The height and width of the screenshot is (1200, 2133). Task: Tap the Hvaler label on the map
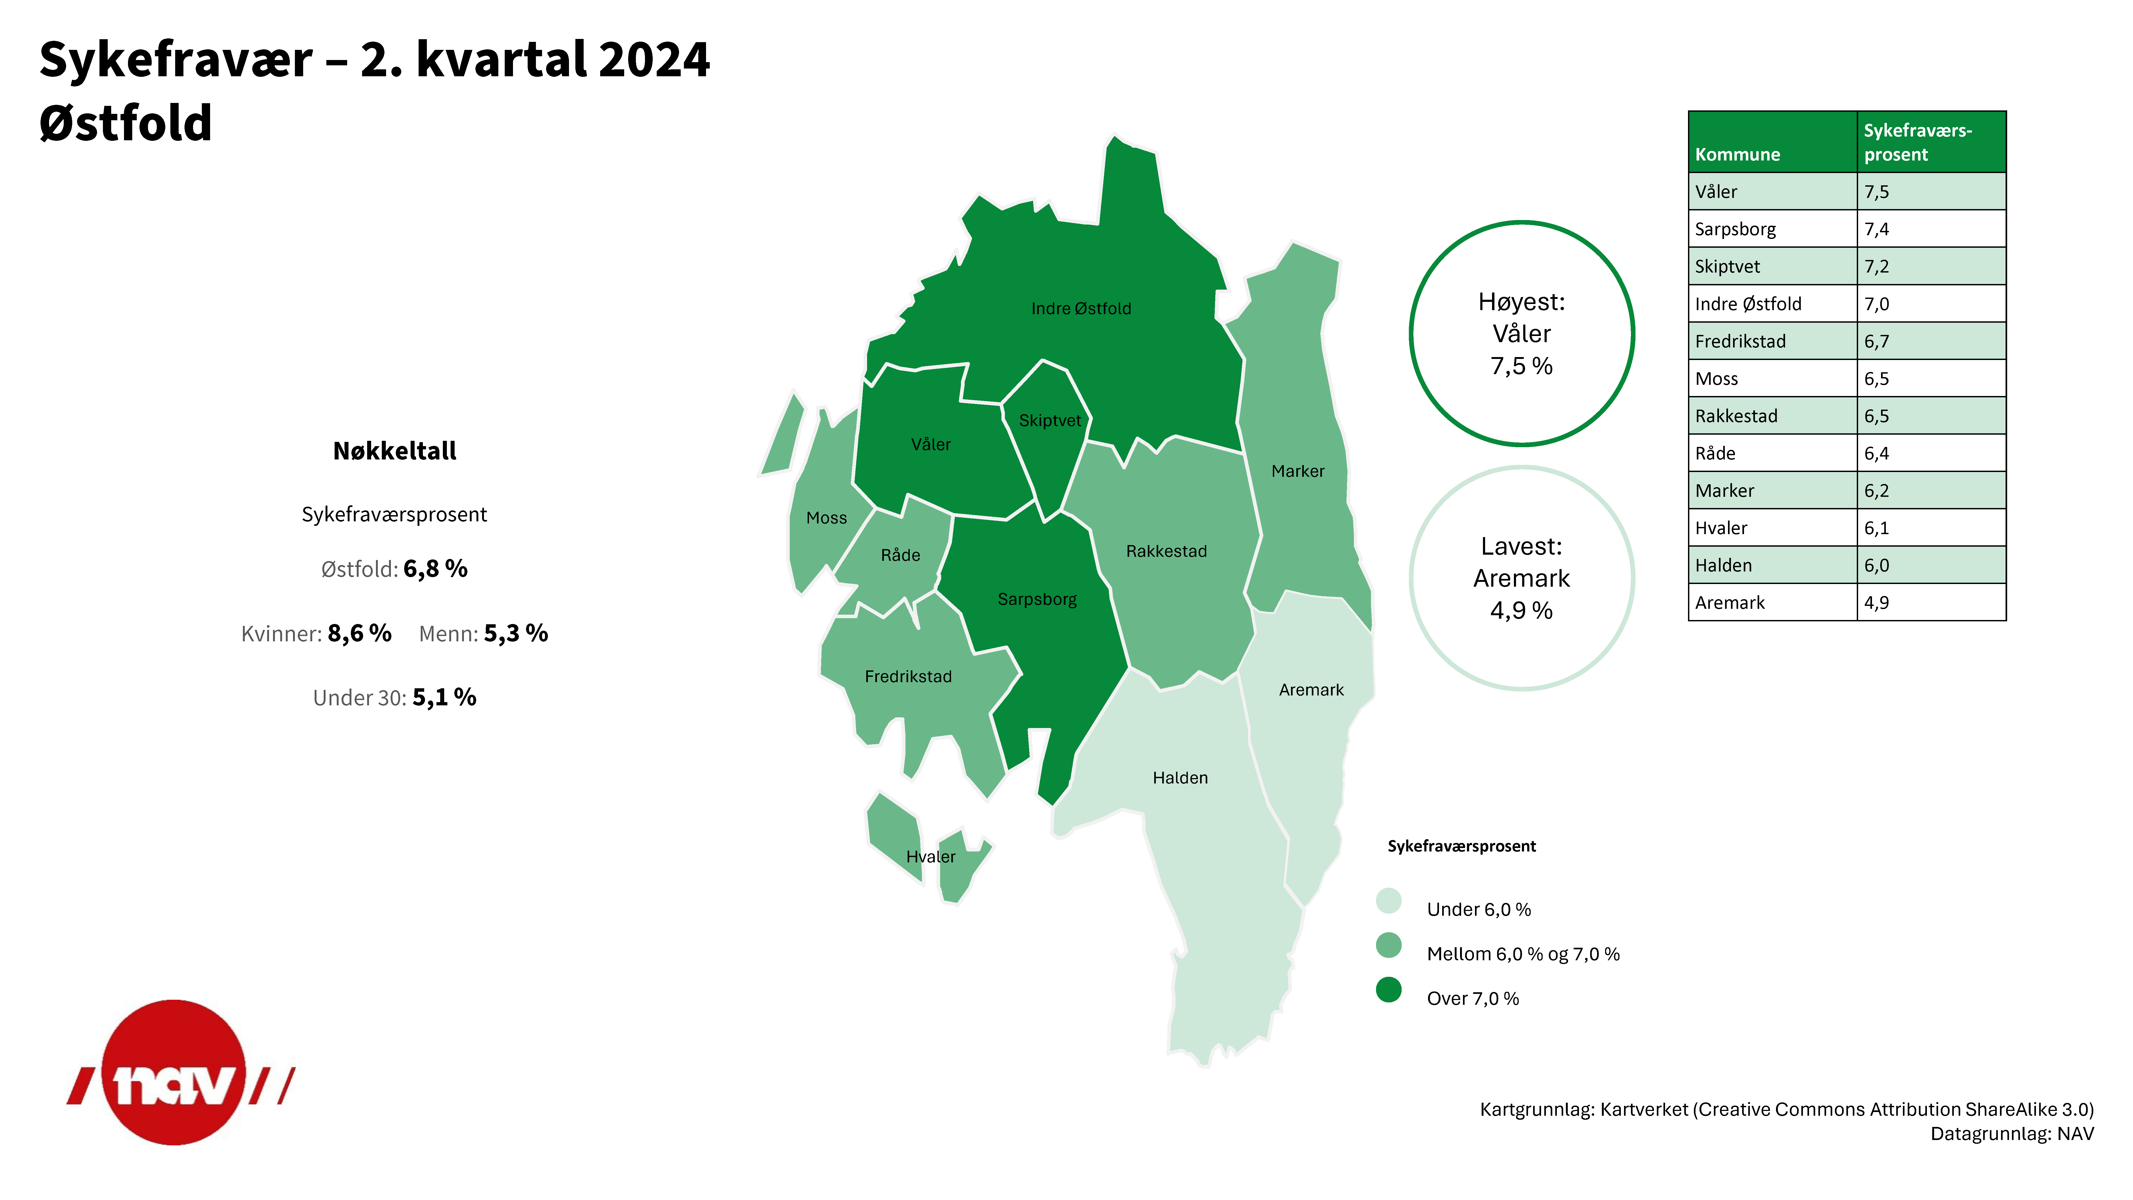[931, 856]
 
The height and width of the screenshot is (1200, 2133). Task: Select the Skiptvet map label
[1050, 421]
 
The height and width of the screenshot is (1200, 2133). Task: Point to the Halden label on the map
[1180, 778]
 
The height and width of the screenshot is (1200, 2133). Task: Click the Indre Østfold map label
[1081, 308]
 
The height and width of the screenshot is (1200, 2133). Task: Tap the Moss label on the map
[826, 518]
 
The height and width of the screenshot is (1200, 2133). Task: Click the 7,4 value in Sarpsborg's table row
[1876, 229]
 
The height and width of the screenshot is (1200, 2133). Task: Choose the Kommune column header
[1737, 155]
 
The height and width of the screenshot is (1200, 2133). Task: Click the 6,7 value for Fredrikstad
[1876, 341]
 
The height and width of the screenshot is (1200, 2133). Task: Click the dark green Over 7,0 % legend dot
[1389, 990]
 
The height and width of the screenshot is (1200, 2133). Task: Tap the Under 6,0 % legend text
[1479, 909]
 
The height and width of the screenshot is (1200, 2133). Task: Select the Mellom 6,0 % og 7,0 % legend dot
[1389, 945]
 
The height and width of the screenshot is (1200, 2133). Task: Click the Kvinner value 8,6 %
[359, 634]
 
